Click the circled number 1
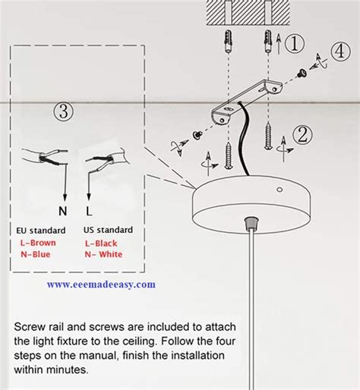[295, 44]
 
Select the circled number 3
[64, 112]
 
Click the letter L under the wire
[90, 211]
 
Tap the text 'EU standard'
[40, 230]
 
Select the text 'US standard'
[108, 230]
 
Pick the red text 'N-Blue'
[36, 254]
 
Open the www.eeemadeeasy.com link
[101, 285]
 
